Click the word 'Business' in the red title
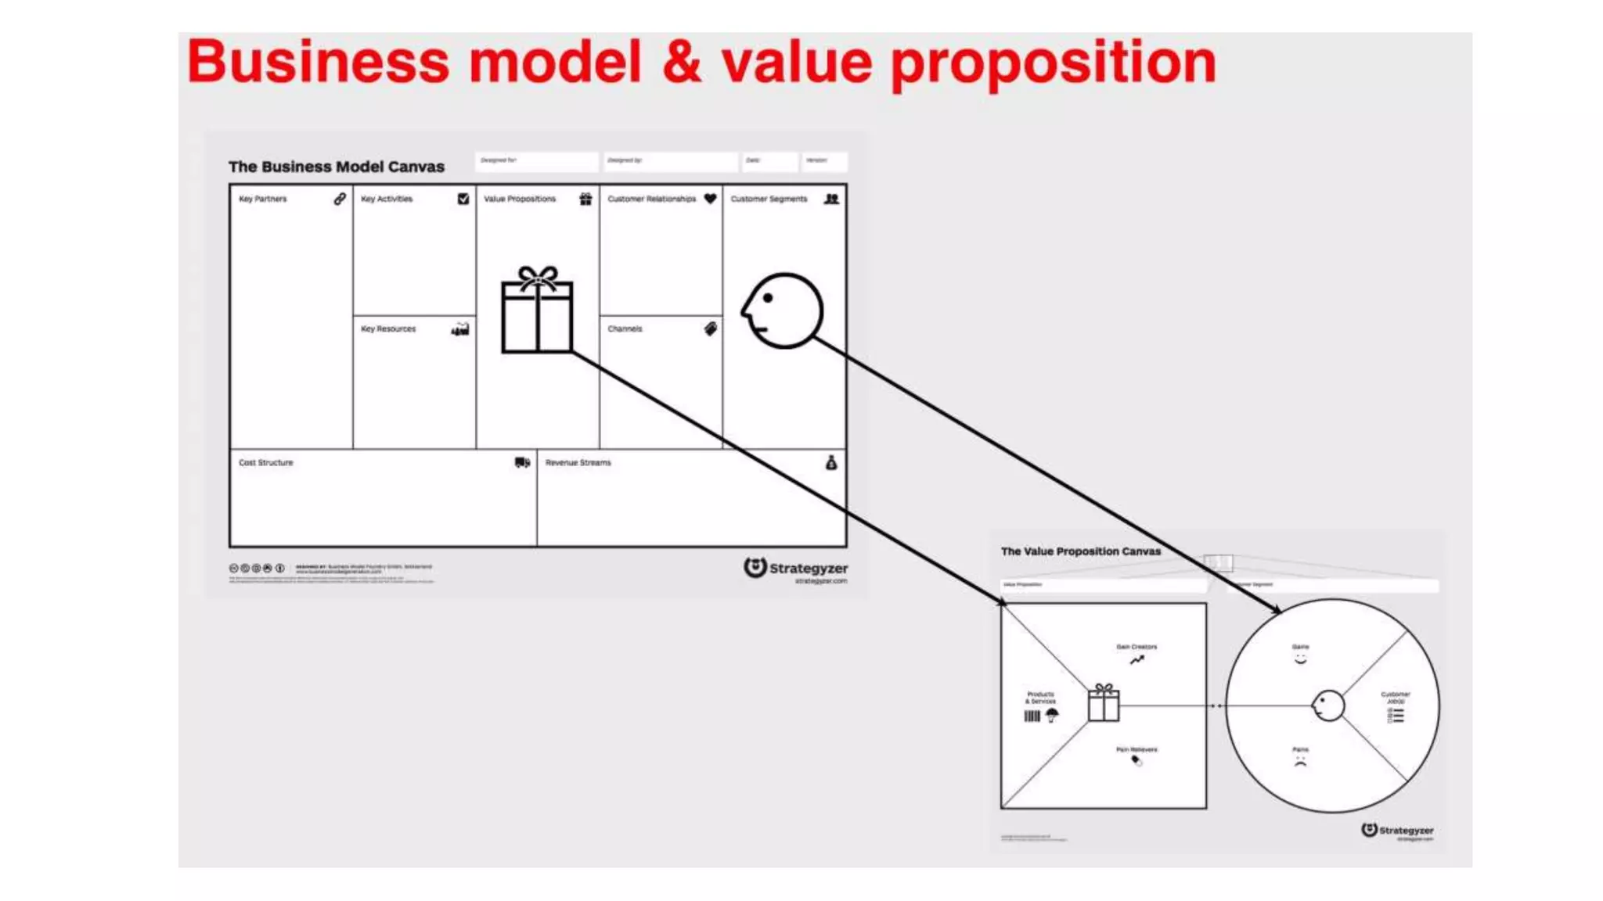point(318,63)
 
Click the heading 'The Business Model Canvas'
point(337,167)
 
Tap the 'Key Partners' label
point(263,199)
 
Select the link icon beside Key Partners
point(340,199)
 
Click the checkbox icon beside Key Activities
point(463,199)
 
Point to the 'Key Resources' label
point(388,328)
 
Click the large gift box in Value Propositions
point(537,311)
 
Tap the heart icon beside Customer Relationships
point(710,199)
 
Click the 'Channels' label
point(625,328)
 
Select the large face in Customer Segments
point(783,311)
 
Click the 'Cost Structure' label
point(266,462)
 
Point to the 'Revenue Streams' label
point(578,462)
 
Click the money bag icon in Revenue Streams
point(831,462)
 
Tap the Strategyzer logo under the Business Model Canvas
point(795,569)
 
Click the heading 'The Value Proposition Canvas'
point(1080,551)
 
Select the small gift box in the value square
point(1104,702)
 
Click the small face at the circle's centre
point(1327,705)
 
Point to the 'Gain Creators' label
point(1137,647)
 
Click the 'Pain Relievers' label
point(1137,749)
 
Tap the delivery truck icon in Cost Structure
point(522,462)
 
